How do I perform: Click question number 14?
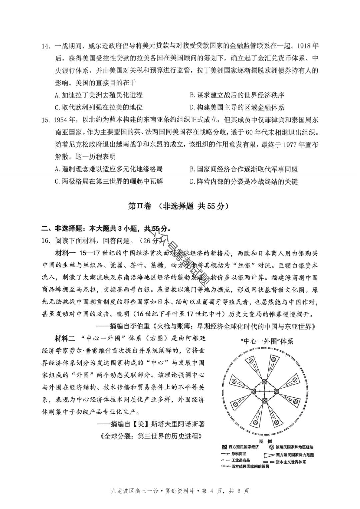tap(46, 46)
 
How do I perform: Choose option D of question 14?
tap(237, 107)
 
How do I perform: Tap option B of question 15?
tap(244, 169)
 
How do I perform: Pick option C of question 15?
tap(109, 181)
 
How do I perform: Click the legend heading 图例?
tap(265, 441)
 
